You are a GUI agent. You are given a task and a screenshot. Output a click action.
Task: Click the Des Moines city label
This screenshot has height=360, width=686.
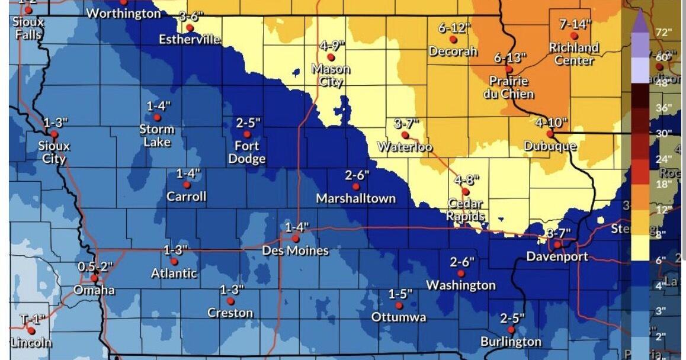295,251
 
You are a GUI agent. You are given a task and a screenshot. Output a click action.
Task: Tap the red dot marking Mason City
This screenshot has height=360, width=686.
331,57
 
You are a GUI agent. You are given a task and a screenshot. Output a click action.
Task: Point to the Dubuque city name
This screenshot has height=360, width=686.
550,146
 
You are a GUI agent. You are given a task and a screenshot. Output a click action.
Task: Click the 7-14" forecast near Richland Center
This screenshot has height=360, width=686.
575,24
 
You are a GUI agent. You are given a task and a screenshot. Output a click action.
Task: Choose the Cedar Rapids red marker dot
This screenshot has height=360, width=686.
466,191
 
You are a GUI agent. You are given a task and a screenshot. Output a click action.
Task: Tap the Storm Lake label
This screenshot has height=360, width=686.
157,136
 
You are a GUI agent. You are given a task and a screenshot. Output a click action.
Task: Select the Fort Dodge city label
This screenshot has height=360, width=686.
247,152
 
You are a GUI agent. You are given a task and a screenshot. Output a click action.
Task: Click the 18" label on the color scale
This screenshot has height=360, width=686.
664,184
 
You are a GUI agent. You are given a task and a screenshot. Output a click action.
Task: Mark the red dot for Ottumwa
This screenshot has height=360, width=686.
399,306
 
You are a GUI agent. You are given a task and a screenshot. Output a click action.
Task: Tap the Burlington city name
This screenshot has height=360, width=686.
511,342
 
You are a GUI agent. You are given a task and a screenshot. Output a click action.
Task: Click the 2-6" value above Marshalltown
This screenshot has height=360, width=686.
357,175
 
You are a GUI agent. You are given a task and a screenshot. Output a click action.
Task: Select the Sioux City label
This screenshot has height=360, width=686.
55,152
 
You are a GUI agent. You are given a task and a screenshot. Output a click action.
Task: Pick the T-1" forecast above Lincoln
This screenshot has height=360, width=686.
33,320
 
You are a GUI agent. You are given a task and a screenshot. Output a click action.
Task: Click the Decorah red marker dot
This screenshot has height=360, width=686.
453,39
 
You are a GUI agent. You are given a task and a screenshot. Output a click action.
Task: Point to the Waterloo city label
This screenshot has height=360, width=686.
405,147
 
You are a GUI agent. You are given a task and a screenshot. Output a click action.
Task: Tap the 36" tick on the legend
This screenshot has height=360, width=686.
664,108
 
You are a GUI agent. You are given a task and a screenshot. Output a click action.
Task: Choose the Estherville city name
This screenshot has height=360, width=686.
190,40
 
